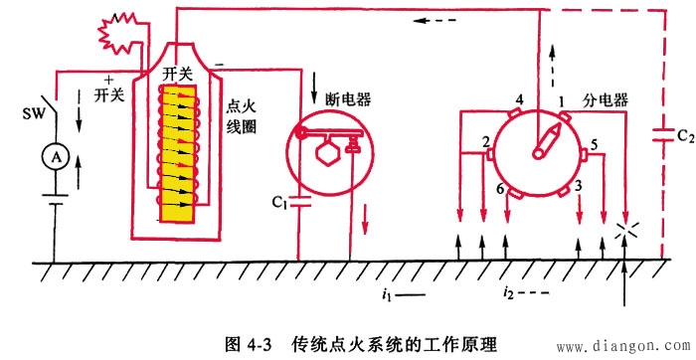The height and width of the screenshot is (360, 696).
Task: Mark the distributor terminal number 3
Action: pos(579,186)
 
